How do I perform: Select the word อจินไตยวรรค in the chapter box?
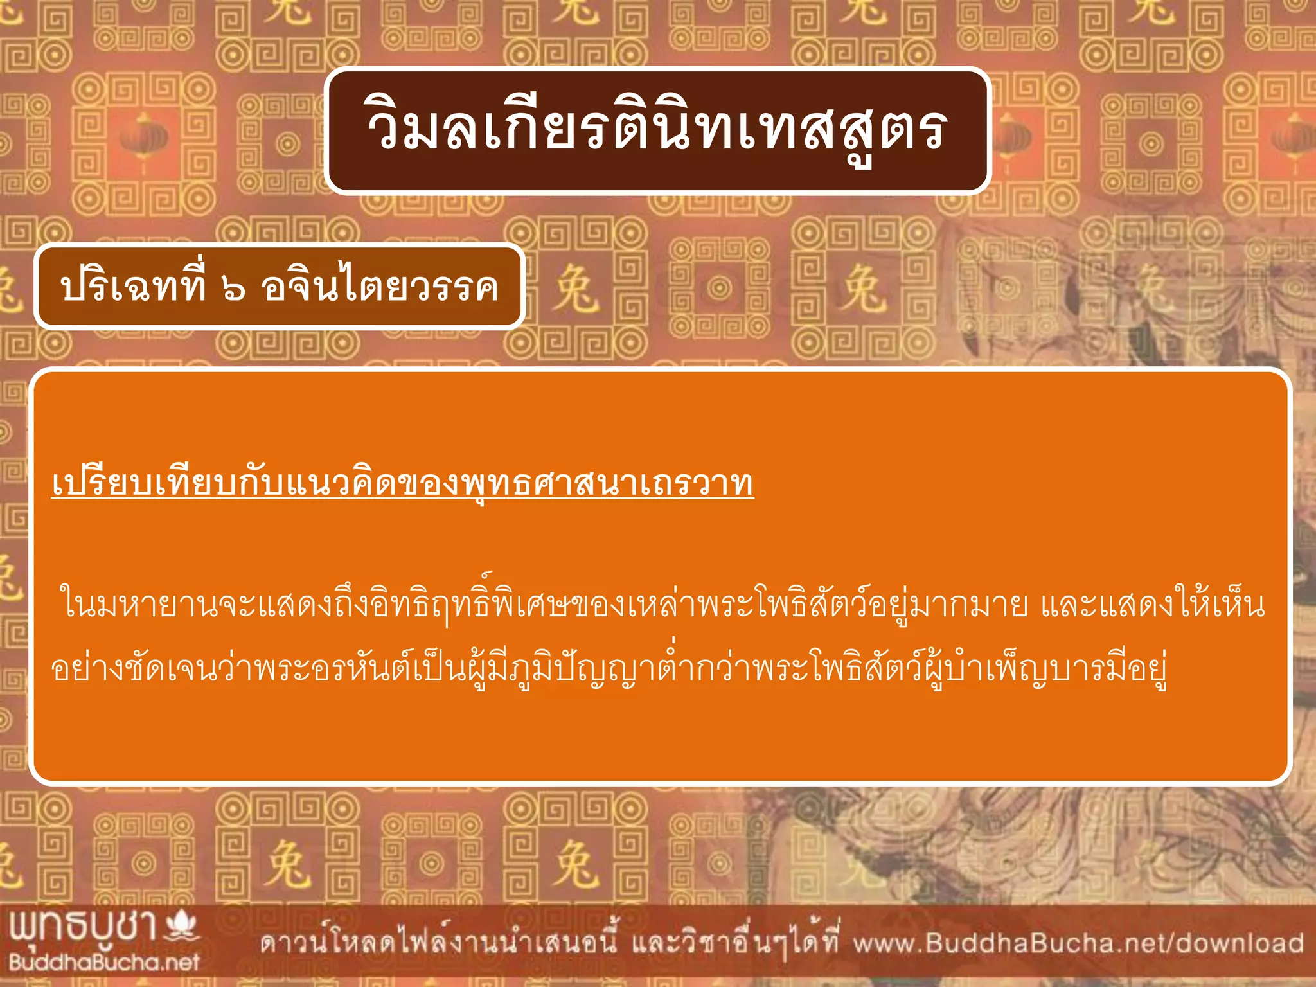[x=379, y=287]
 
